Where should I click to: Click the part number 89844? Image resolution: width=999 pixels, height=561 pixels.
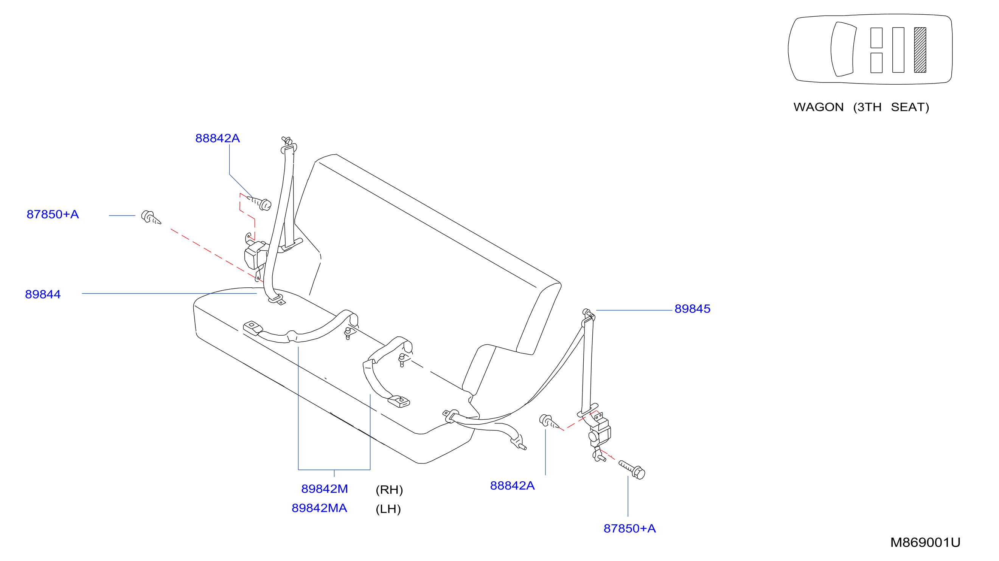click(43, 294)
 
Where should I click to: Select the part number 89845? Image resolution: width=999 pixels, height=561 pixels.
click(692, 308)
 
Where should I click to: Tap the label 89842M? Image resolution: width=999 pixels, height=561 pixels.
click(325, 489)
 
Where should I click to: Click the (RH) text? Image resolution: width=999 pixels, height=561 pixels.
click(389, 490)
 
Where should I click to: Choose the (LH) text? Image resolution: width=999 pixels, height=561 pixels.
click(388, 509)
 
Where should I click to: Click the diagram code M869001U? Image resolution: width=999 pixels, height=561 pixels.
click(925, 542)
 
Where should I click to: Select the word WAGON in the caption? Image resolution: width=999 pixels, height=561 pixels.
click(818, 107)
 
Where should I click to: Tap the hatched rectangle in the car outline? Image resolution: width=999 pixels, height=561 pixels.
click(920, 50)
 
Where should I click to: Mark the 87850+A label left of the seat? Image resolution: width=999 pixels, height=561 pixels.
click(53, 214)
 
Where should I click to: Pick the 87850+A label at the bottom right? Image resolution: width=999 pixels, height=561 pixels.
click(629, 528)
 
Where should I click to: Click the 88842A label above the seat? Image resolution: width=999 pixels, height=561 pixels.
click(218, 138)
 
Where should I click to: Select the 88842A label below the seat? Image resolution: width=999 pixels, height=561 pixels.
click(512, 485)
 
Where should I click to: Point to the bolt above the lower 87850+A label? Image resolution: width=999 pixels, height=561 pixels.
click(632, 470)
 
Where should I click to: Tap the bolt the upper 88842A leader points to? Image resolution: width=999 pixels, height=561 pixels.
click(259, 203)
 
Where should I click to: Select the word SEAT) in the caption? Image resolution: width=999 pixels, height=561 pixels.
click(910, 107)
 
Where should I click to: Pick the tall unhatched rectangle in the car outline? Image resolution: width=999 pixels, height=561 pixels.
click(898, 50)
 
